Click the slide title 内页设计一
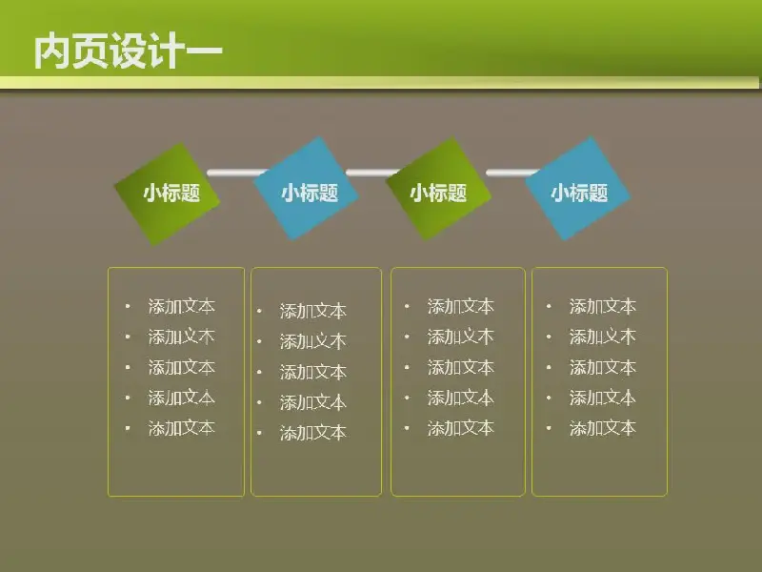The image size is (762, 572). click(129, 51)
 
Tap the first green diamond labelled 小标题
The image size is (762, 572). click(167, 194)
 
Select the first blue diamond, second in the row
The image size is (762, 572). click(306, 189)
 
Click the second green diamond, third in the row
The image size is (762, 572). click(438, 189)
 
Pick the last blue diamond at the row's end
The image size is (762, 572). click(578, 189)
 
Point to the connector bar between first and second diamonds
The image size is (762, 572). click(236, 173)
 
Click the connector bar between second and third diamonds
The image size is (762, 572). click(372, 173)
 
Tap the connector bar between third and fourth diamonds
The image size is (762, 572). click(512, 173)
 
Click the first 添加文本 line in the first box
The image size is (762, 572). click(181, 306)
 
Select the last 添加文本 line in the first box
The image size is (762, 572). click(181, 428)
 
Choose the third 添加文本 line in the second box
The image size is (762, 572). click(313, 372)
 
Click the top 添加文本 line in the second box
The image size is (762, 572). click(313, 311)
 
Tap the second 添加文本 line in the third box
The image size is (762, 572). click(461, 337)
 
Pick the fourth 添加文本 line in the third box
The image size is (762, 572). click(461, 398)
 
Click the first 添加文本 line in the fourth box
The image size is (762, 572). click(603, 306)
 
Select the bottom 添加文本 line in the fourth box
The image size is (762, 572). click(603, 428)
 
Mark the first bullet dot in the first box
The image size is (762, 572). click(128, 306)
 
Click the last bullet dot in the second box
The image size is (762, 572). click(259, 433)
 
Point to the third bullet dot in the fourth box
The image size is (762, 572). click(549, 367)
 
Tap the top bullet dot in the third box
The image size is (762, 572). click(407, 306)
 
